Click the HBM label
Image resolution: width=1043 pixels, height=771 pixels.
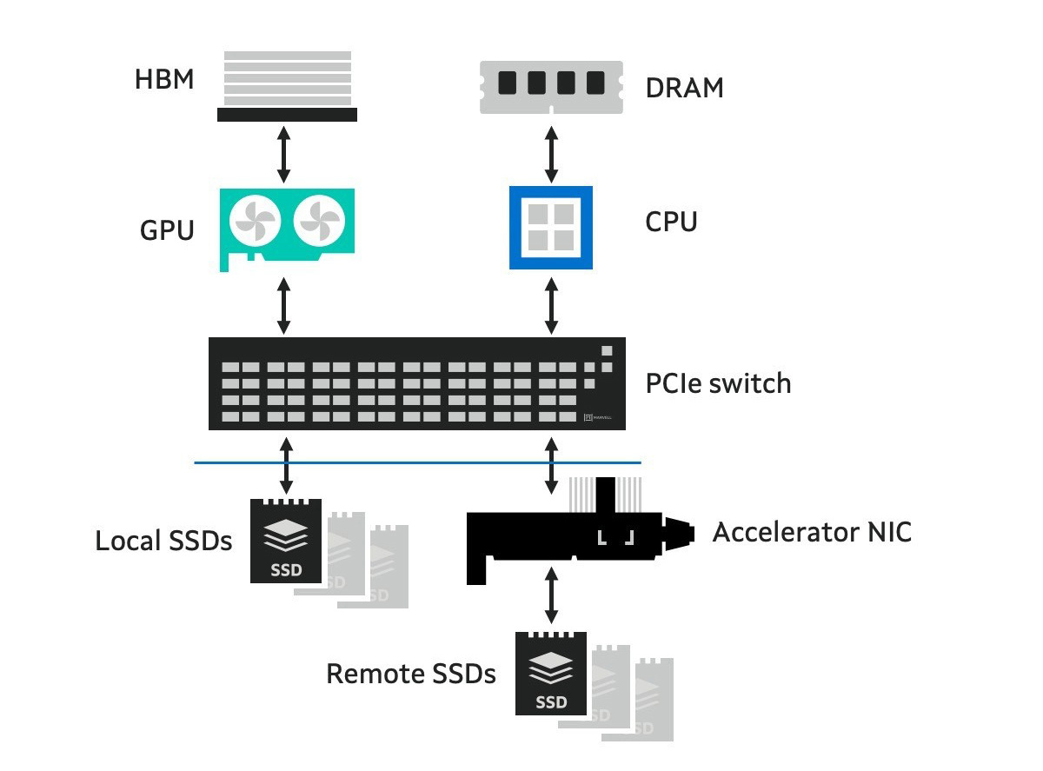click(164, 81)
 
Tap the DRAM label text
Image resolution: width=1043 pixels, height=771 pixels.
click(684, 88)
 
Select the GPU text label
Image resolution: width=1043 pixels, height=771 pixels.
click(167, 230)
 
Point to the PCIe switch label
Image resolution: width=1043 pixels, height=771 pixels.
click(718, 383)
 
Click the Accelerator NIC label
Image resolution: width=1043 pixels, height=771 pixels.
click(812, 532)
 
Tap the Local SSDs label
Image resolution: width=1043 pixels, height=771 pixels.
click(163, 541)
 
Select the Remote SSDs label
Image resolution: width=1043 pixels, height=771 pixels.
click(411, 674)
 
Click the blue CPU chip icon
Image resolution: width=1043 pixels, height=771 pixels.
click(550, 227)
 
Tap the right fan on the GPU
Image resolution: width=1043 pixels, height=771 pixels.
click(320, 225)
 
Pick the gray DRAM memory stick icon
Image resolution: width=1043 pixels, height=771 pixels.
click(550, 84)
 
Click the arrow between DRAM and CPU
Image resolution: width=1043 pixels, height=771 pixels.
click(550, 152)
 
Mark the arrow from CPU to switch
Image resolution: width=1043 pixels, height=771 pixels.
click(550, 305)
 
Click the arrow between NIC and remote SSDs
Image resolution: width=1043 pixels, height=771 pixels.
click(550, 596)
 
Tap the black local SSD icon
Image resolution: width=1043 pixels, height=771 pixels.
click(286, 541)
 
